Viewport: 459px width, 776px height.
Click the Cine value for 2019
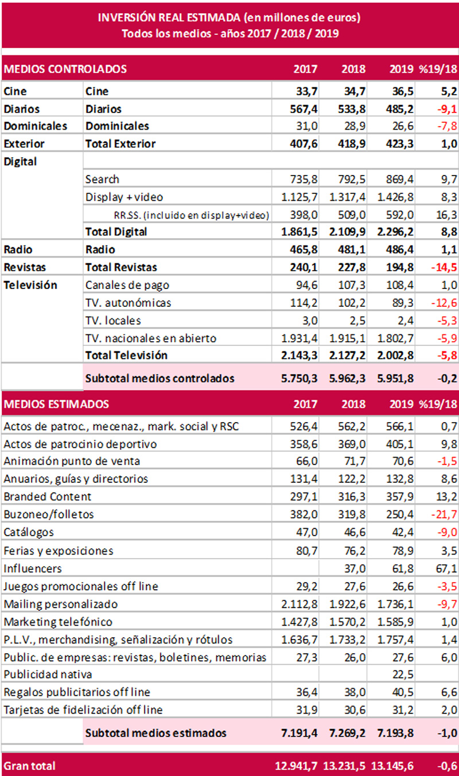click(x=400, y=91)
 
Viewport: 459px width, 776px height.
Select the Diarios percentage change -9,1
click(x=447, y=109)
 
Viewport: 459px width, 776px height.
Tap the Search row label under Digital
click(x=102, y=179)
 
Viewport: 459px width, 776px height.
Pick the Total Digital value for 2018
click(x=347, y=232)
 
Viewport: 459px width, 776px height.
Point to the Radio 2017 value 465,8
click(x=304, y=249)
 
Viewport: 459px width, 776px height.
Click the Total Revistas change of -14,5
click(x=444, y=267)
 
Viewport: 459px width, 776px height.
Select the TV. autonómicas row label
click(x=129, y=303)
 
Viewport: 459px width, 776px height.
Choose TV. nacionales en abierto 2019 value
click(x=395, y=338)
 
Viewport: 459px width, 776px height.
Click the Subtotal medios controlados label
click(x=160, y=379)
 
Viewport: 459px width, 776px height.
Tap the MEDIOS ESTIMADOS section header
click(x=56, y=404)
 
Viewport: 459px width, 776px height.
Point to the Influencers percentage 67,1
click(x=447, y=568)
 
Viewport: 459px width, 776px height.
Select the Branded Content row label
click(x=48, y=497)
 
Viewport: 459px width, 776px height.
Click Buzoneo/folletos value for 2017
click(x=304, y=514)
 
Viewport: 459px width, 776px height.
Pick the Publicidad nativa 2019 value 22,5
click(x=403, y=674)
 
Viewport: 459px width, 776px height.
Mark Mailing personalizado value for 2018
click(x=347, y=604)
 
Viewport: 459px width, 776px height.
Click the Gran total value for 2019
click(x=392, y=766)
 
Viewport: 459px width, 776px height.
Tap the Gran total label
click(x=29, y=766)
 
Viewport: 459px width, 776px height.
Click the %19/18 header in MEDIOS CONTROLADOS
click(x=438, y=69)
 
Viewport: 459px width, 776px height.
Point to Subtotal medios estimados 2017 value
click(x=299, y=733)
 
